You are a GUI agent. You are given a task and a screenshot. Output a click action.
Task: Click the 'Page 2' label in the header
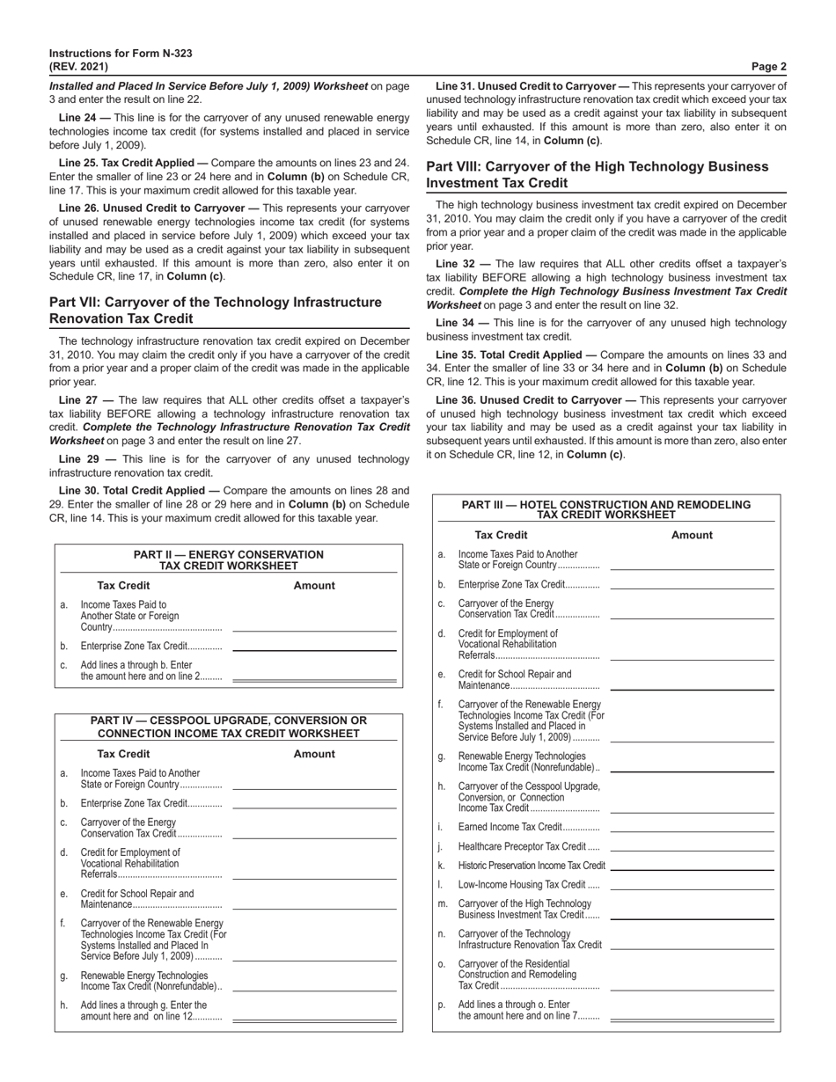[x=768, y=66]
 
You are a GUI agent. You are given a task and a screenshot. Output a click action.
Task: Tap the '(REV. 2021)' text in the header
[x=79, y=66]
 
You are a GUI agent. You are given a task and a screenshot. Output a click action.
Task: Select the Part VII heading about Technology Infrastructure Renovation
[x=216, y=311]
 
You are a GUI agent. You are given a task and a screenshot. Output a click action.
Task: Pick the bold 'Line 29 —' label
[x=83, y=459]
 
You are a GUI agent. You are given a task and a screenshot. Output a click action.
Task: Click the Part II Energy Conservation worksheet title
[x=229, y=560]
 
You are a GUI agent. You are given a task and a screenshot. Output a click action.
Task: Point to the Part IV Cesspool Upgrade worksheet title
[x=229, y=727]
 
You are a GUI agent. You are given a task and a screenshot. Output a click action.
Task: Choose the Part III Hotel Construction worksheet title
[x=606, y=509]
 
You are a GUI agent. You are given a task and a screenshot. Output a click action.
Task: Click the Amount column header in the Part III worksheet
[x=692, y=535]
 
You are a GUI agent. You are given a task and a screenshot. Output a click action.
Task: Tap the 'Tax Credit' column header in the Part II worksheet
[x=123, y=585]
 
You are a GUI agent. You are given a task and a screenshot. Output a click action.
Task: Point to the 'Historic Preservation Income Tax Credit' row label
[x=532, y=866]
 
